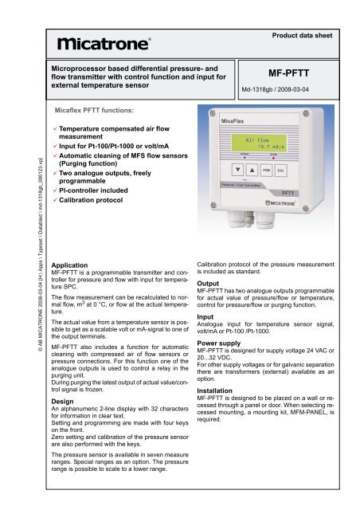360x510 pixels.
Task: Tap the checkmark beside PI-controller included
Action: (52, 191)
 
